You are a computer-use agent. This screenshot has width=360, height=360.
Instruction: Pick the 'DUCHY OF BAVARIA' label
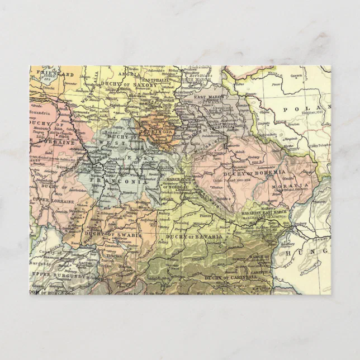195,237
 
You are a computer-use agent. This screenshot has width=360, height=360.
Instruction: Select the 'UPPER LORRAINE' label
49,200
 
